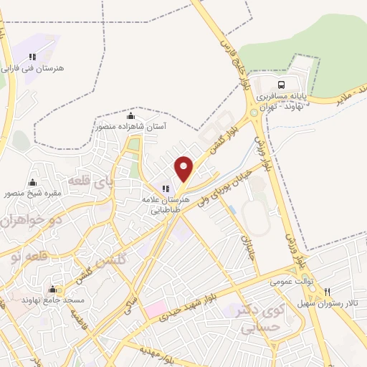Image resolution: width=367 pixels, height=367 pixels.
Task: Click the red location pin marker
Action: pyautogui.click(x=184, y=168)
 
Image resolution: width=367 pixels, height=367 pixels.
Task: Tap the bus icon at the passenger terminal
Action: pyautogui.click(x=280, y=82)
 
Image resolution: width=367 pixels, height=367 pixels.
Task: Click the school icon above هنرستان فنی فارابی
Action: pyautogui.click(x=32, y=56)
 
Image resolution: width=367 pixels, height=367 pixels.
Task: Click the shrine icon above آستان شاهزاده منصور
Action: pyautogui.click(x=130, y=115)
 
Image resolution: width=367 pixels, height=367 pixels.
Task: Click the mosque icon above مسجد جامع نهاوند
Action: pyautogui.click(x=52, y=289)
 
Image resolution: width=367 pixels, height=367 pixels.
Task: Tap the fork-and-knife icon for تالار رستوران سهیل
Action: pyautogui.click(x=328, y=292)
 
